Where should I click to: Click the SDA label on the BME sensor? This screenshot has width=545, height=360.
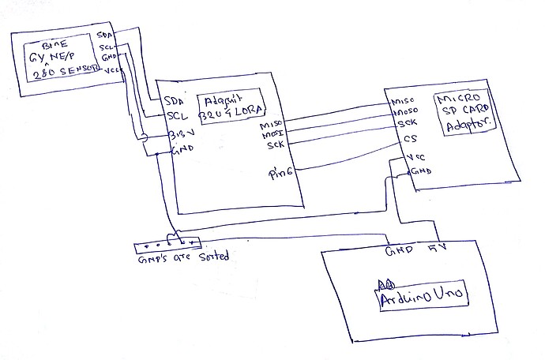pyautogui.click(x=103, y=35)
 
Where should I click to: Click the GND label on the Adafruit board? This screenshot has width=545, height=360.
pyautogui.click(x=181, y=150)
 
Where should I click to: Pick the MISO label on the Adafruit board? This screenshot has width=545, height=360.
pyautogui.click(x=271, y=124)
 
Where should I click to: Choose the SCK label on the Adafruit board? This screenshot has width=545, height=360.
pyautogui.click(x=275, y=145)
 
